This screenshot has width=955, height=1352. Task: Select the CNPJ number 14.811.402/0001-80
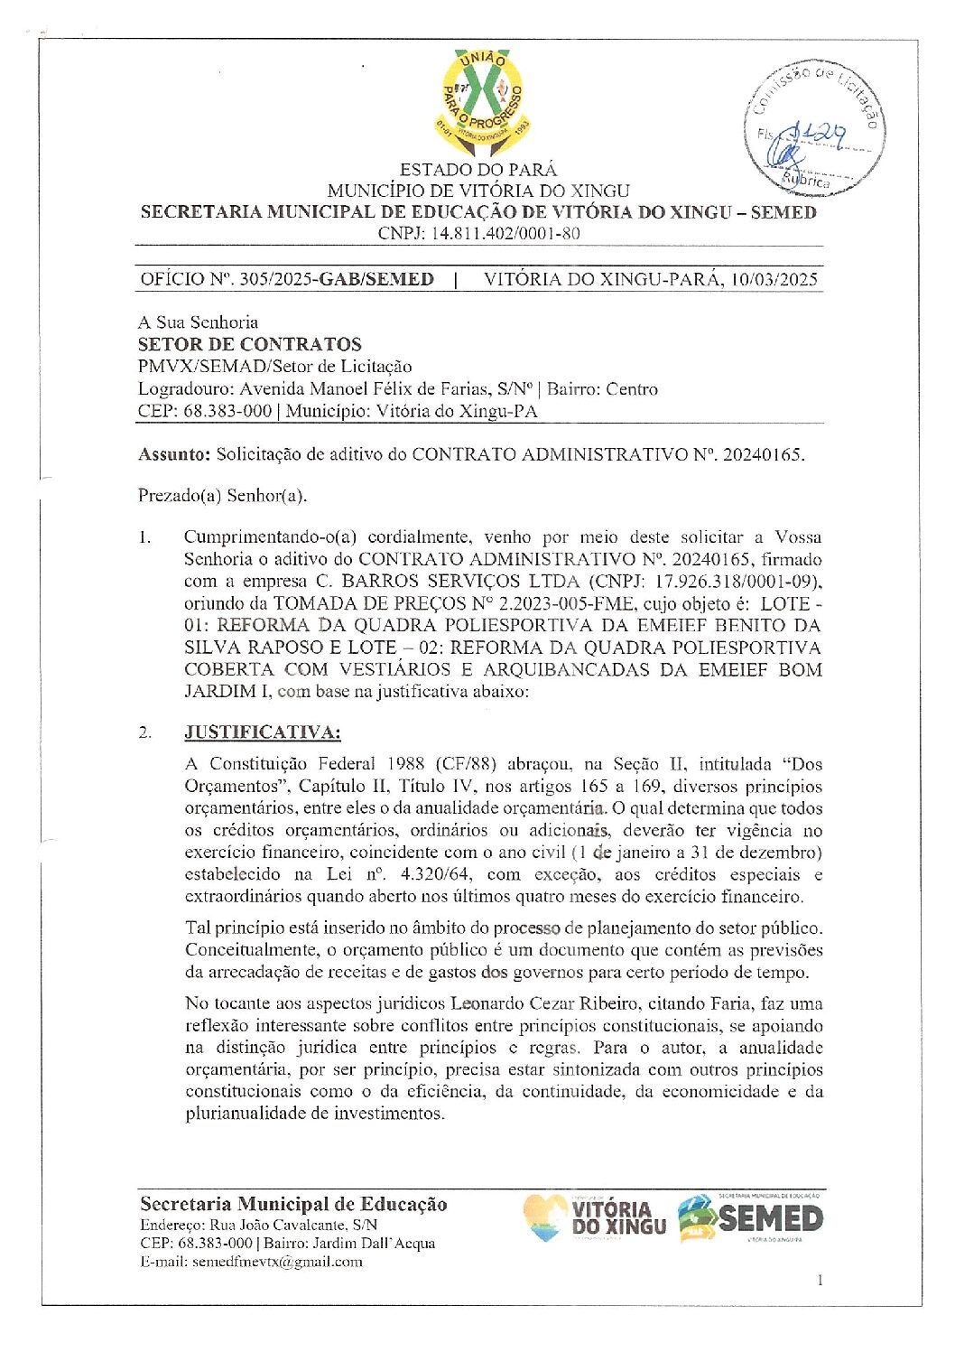pos(505,233)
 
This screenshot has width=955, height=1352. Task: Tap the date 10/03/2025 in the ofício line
pos(774,279)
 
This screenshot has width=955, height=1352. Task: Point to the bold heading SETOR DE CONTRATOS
pos(249,344)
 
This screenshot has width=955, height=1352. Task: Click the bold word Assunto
pos(173,454)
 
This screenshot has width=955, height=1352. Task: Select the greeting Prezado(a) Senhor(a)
pos(222,495)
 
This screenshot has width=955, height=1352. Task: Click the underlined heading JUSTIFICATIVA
pos(263,732)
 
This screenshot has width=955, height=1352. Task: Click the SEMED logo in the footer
pos(752,1218)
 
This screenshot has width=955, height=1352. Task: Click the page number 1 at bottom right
pos(820,1279)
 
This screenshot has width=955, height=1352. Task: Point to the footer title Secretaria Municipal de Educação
pos(293,1204)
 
